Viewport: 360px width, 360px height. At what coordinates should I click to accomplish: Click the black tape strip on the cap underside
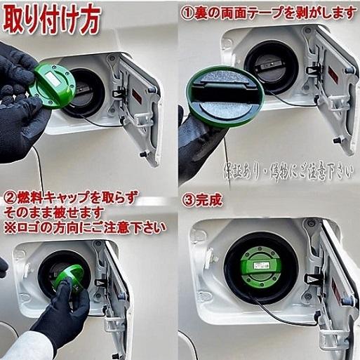222,89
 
